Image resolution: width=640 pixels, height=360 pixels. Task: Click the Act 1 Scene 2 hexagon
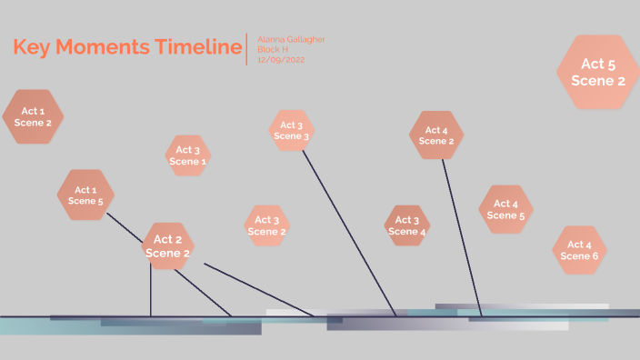pos(33,116)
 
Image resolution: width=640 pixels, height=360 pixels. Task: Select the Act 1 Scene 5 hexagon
pos(85,195)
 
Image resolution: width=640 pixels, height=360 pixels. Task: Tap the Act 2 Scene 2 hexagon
pos(168,246)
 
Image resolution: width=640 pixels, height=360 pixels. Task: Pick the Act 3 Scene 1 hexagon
pos(188,155)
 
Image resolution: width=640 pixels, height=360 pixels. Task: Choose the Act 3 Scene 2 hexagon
pos(267,225)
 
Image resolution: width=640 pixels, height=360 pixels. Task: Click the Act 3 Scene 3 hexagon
pos(292,131)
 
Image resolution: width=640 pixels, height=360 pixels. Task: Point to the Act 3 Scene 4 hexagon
pos(407,225)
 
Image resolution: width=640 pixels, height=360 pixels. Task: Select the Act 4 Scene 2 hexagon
pos(436,135)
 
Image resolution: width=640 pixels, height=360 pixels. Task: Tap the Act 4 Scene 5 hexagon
pos(505,210)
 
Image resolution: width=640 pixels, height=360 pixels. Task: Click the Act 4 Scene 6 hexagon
pos(579,250)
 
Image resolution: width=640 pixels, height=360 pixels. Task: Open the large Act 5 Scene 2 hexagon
pos(598,72)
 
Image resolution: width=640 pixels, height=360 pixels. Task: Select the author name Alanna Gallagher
pos(291,39)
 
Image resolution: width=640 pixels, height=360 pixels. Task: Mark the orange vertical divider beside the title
pos(246,49)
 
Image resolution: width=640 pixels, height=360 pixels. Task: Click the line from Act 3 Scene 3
pos(348,232)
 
